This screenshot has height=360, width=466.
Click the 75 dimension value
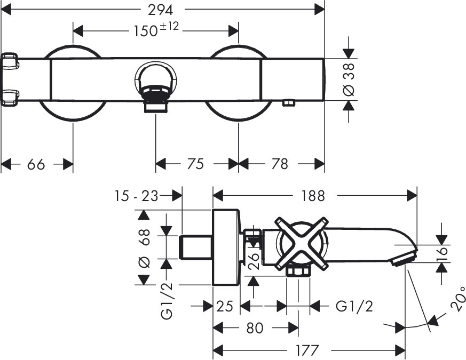(196, 164)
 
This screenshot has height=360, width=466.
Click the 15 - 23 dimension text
(136, 196)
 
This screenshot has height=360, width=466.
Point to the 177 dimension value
(307, 350)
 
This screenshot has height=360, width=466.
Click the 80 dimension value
(254, 327)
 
